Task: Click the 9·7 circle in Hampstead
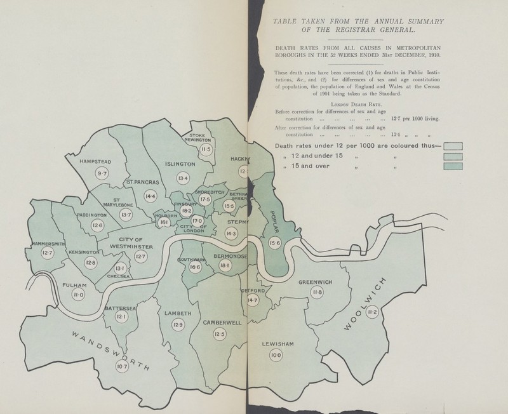point(101,173)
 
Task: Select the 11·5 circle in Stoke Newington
point(204,149)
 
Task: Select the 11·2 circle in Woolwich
point(373,311)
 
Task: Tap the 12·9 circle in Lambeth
point(177,325)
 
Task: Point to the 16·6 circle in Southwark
point(195,268)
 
